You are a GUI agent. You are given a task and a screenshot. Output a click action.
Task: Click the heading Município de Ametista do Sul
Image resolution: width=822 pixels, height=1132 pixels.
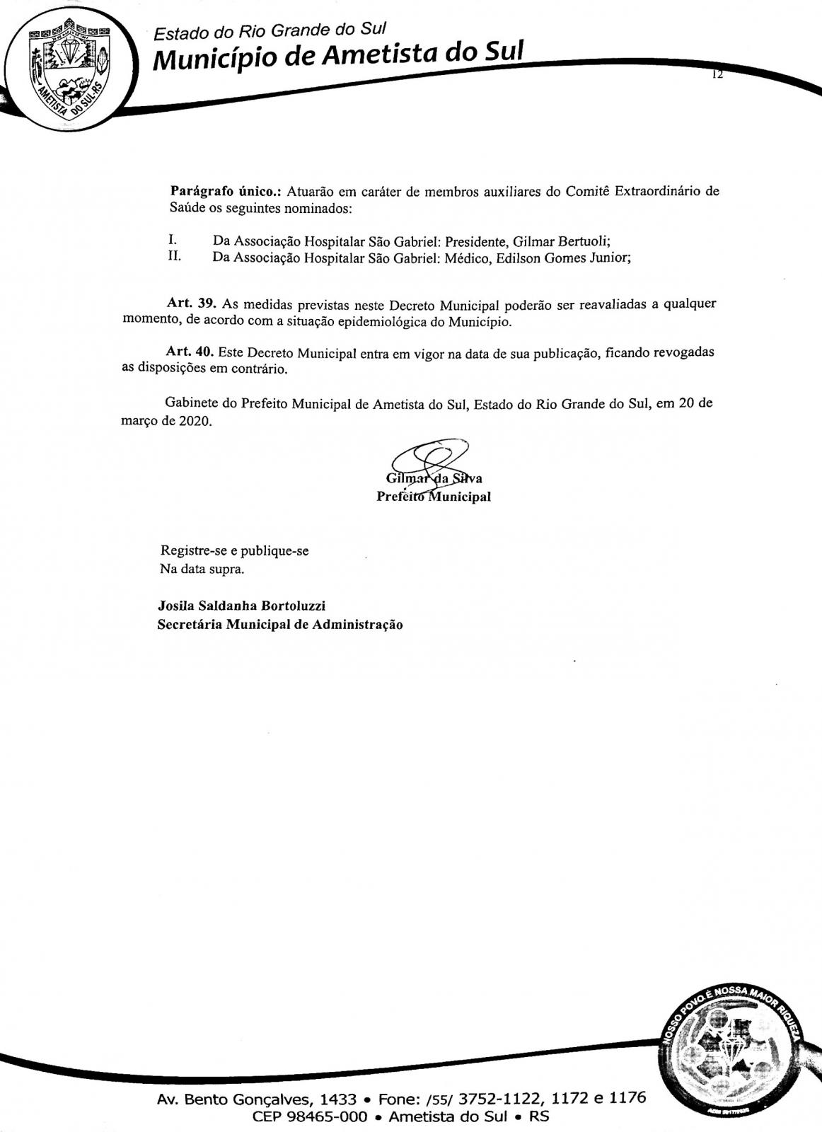point(338,56)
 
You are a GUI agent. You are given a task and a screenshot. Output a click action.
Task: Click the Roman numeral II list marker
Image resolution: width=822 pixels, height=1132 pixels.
point(174,256)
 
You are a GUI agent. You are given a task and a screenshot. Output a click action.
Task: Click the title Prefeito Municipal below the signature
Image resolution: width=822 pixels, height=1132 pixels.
point(434,497)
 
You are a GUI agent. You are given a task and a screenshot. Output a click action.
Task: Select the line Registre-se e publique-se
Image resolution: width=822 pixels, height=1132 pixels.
point(235,550)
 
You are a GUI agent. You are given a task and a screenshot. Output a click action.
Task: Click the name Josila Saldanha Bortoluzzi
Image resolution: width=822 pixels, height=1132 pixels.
point(241,606)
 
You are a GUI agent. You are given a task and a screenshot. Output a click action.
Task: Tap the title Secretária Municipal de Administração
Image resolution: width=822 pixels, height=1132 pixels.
point(280,625)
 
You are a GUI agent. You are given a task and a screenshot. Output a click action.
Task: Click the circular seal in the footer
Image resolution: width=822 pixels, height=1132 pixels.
point(732,1055)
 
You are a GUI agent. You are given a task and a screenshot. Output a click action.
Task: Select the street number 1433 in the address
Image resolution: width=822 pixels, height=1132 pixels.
point(338,1099)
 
